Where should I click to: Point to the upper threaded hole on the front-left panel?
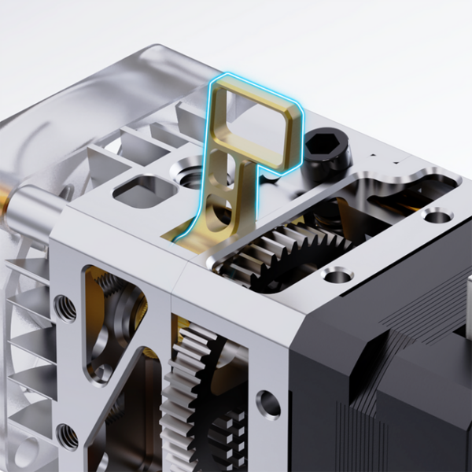point(66,308)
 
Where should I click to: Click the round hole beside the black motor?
point(268,404)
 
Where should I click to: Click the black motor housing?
point(378,378)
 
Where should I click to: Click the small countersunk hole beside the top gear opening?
point(337,275)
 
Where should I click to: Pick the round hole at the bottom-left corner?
point(24,452)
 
